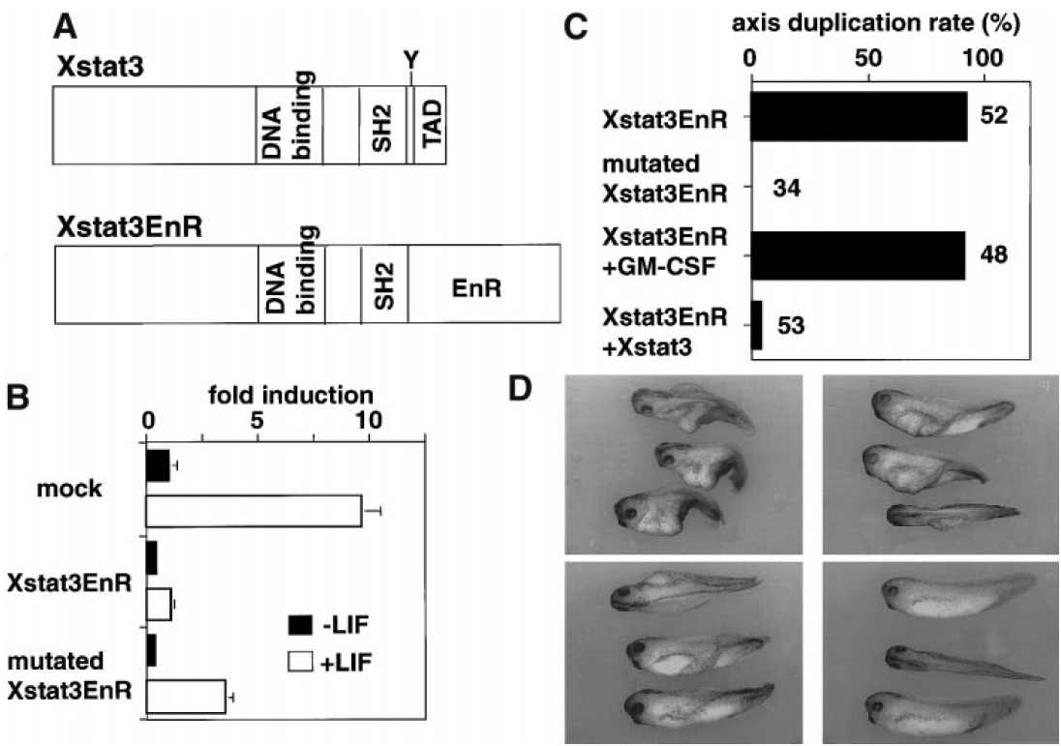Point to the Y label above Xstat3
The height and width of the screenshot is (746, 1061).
pos(411,61)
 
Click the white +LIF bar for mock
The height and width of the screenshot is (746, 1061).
pos(254,511)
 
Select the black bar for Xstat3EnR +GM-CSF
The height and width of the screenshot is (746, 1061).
pos(857,254)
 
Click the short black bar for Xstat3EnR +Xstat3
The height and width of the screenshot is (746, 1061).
pos(756,324)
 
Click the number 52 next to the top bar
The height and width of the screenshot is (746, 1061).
pos(995,116)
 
